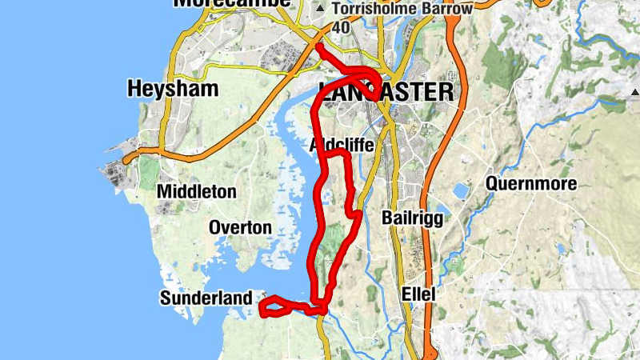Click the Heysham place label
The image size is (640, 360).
172,89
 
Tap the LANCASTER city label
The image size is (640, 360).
386,92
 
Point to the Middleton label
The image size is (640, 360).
197,192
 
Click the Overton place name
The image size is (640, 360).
240,228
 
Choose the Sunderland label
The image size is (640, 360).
206,298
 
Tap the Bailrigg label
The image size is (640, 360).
413,218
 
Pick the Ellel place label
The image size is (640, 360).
418,294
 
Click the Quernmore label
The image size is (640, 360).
531,185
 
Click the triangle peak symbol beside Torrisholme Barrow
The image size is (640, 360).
321,9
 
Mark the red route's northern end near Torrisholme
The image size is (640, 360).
318,47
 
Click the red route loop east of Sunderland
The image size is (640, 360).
274,306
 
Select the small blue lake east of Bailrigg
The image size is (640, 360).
461,191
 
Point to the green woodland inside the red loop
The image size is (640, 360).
332,240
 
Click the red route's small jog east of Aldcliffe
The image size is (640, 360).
352,211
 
